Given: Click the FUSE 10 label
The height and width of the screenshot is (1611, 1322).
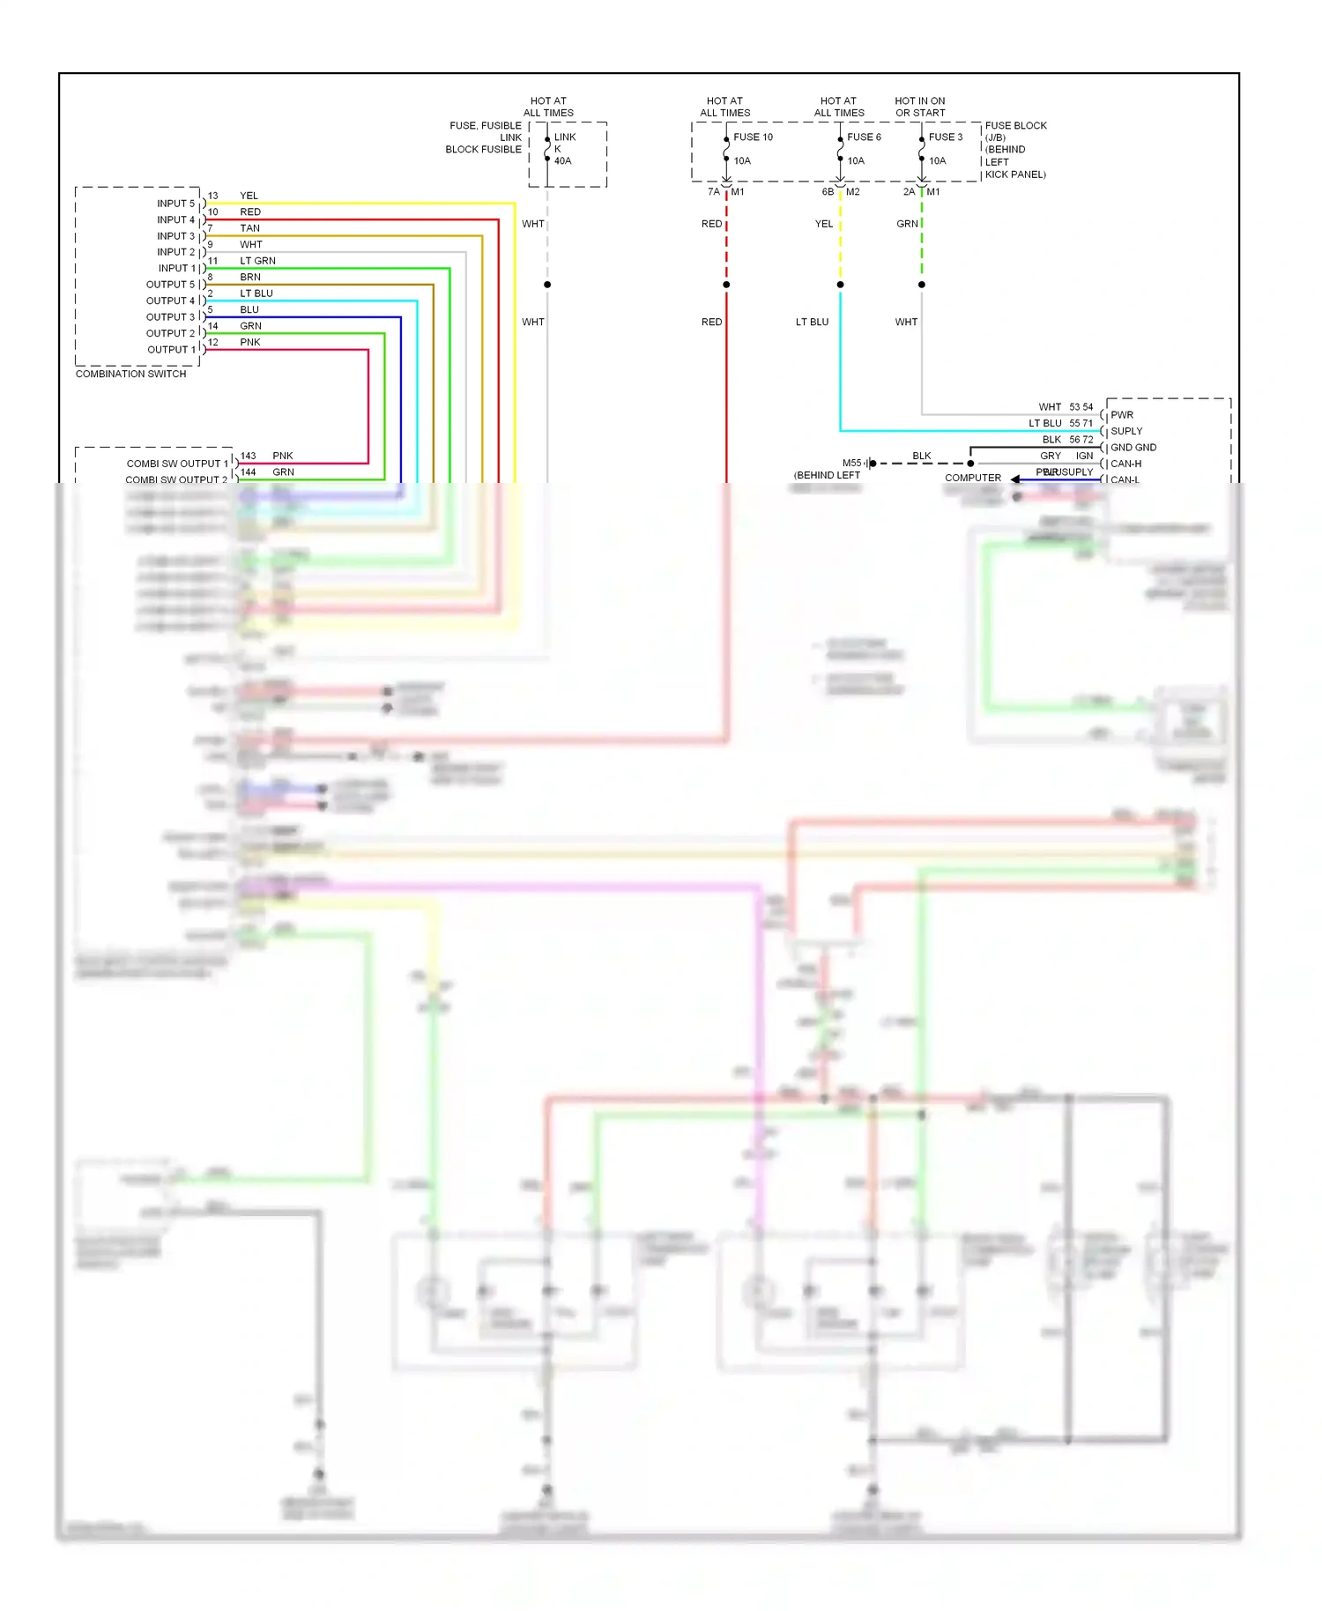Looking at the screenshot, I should [753, 137].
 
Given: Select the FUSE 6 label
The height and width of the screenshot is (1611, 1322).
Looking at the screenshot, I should [864, 137].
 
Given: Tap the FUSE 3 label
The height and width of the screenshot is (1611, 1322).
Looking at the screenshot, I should [945, 137].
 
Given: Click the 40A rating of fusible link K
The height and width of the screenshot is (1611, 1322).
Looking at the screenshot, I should [562, 160].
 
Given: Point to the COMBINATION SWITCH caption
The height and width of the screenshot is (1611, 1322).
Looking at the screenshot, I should [130, 374].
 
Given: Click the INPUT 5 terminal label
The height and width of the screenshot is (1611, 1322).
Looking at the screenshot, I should [175, 204].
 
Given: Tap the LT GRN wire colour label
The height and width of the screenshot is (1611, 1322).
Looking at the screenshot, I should [257, 261].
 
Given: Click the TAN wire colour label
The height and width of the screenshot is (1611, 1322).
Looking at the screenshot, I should [249, 228].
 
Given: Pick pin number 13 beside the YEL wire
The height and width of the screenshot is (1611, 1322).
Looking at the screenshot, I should [212, 196].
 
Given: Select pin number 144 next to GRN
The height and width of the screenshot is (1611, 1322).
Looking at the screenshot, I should [248, 472].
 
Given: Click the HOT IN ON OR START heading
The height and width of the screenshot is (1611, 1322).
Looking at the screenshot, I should [919, 107].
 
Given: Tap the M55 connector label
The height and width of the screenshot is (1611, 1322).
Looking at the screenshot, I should [851, 463].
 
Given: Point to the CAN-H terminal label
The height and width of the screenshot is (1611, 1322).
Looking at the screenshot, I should [1125, 464].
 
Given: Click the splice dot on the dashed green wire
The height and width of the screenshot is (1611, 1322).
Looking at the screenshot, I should [922, 285].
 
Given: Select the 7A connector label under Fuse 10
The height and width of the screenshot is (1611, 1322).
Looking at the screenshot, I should [713, 191].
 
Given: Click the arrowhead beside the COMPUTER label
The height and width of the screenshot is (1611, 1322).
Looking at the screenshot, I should [1015, 479].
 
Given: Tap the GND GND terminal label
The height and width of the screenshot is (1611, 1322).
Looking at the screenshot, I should [1133, 448].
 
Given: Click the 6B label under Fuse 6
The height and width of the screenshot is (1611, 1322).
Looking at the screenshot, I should [827, 191].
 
